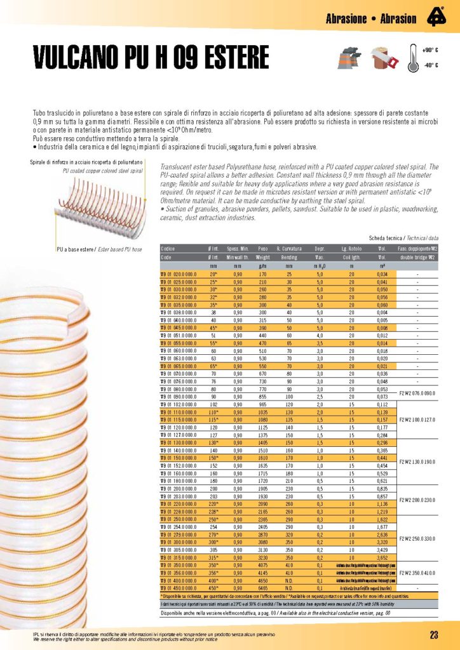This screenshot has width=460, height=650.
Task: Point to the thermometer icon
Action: (x=410, y=58)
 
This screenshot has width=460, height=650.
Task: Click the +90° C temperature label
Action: (x=431, y=50)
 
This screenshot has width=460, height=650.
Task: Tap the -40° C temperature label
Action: (x=431, y=65)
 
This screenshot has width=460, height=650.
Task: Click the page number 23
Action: (x=434, y=635)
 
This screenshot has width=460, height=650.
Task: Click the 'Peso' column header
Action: (x=262, y=249)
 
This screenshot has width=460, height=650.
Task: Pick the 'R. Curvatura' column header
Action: (x=289, y=249)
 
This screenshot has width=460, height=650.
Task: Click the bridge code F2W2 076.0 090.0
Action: (x=417, y=394)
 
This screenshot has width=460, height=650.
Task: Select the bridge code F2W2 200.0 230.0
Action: (x=417, y=500)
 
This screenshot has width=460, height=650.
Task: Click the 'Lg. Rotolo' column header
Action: (x=351, y=249)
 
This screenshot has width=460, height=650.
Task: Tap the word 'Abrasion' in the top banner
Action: (x=398, y=18)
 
